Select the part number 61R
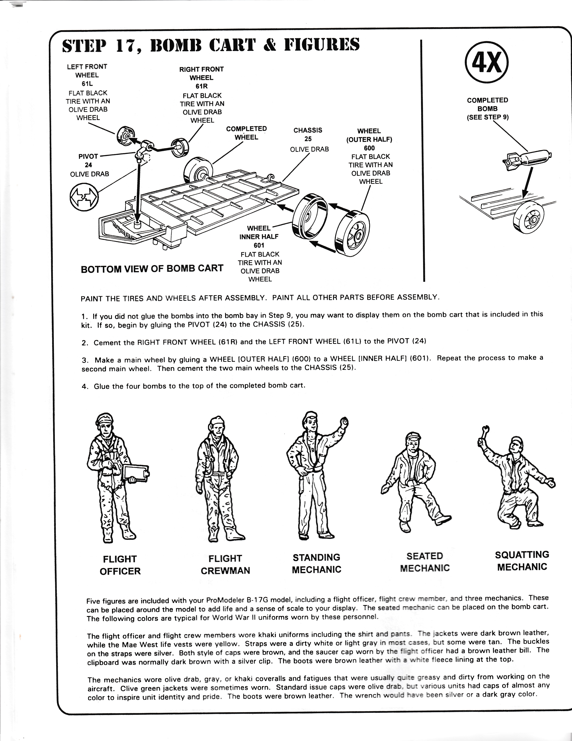click(202, 86)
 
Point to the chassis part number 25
click(308, 139)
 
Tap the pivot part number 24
click(88, 165)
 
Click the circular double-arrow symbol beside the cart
click(84, 197)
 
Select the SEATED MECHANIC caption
click(425, 562)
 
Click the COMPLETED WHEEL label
click(246, 133)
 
